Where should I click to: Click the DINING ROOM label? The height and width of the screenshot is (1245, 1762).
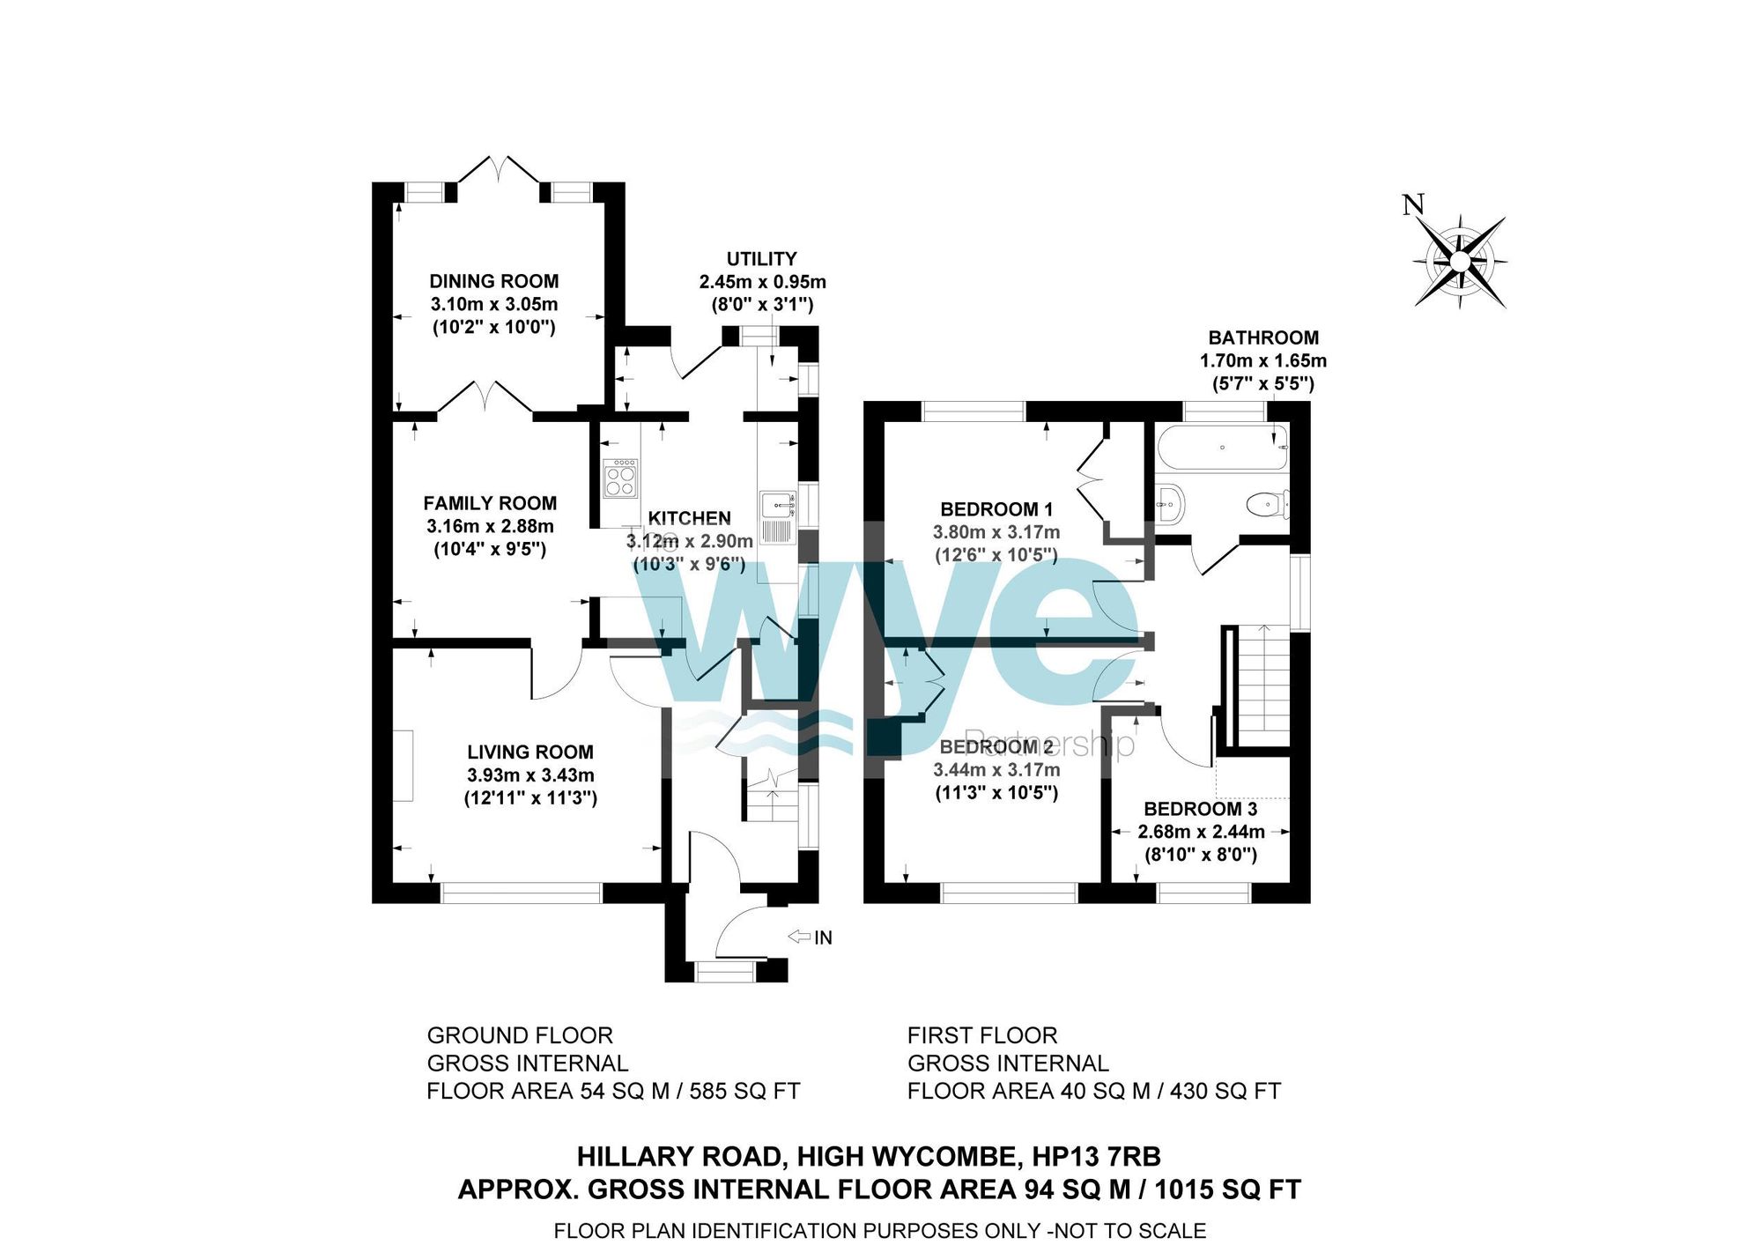(x=493, y=282)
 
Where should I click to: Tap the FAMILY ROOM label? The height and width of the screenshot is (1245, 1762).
(x=490, y=503)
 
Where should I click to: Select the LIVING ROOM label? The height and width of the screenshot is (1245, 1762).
(x=529, y=752)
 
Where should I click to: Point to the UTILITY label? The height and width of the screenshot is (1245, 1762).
(x=761, y=259)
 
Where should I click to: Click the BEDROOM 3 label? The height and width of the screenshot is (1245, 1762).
(x=1200, y=809)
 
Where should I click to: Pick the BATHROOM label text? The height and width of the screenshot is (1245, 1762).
(x=1262, y=337)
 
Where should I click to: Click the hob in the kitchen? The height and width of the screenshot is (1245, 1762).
(x=620, y=478)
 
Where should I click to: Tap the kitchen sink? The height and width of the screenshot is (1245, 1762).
(x=778, y=506)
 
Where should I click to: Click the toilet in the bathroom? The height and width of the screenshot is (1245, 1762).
(x=1266, y=505)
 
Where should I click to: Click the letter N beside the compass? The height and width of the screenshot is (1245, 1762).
(x=1412, y=205)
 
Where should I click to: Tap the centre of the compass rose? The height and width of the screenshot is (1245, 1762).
(x=1460, y=262)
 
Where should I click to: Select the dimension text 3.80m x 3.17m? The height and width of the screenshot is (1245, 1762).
(x=996, y=532)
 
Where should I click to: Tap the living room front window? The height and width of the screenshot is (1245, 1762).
(x=521, y=893)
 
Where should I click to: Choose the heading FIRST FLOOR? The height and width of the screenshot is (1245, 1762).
(x=981, y=1035)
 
